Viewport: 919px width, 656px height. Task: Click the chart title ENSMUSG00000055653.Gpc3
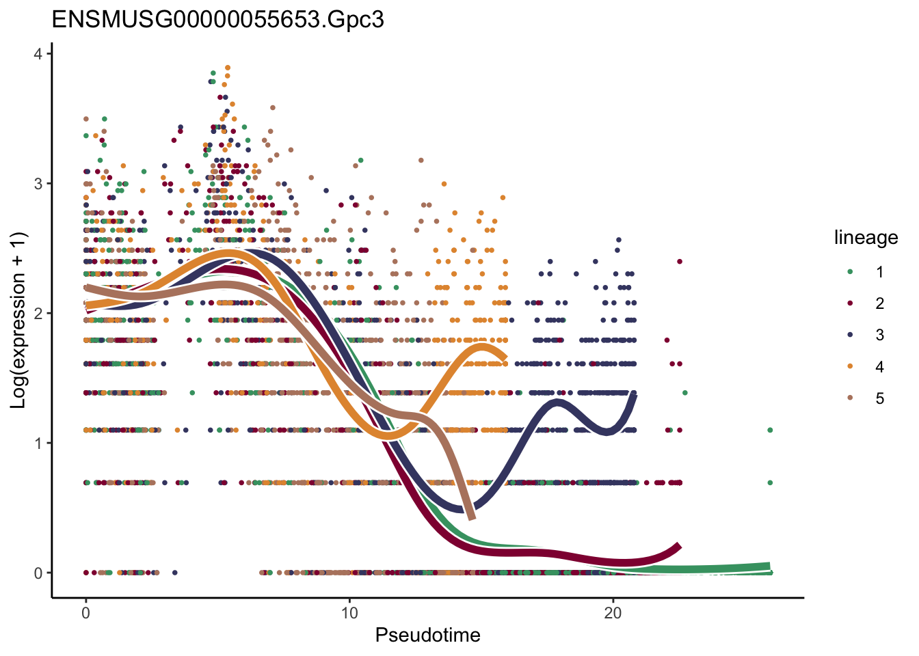pyautogui.click(x=217, y=19)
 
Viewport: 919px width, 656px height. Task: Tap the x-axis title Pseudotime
pyautogui.click(x=427, y=635)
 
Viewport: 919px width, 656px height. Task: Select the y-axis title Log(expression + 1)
pyautogui.click(x=18, y=320)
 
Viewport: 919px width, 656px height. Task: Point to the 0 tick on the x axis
pyautogui.click(x=85, y=613)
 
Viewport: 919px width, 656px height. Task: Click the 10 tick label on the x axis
pyautogui.click(x=349, y=613)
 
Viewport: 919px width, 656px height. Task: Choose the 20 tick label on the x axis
pyautogui.click(x=613, y=613)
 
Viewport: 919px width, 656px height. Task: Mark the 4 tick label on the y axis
pyautogui.click(x=38, y=54)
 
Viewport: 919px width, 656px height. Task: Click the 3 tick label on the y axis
pyautogui.click(x=38, y=184)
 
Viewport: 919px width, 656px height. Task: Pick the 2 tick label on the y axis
pyautogui.click(x=38, y=314)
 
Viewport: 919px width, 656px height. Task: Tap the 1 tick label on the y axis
pyautogui.click(x=38, y=443)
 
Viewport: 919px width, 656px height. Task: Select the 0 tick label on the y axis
pyautogui.click(x=38, y=573)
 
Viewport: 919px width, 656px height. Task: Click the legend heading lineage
pyautogui.click(x=866, y=238)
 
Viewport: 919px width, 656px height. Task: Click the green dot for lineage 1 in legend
pyautogui.click(x=850, y=271)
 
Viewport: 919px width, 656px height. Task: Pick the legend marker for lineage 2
pyautogui.click(x=850, y=303)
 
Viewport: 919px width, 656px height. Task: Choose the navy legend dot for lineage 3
pyautogui.click(x=850, y=335)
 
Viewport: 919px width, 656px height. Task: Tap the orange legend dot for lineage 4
pyautogui.click(x=850, y=366)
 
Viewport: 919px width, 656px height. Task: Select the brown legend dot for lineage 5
pyautogui.click(x=850, y=398)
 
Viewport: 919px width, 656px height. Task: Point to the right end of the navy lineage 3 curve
pyautogui.click(x=635, y=395)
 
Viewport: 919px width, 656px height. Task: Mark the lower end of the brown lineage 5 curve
pyautogui.click(x=471, y=517)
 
